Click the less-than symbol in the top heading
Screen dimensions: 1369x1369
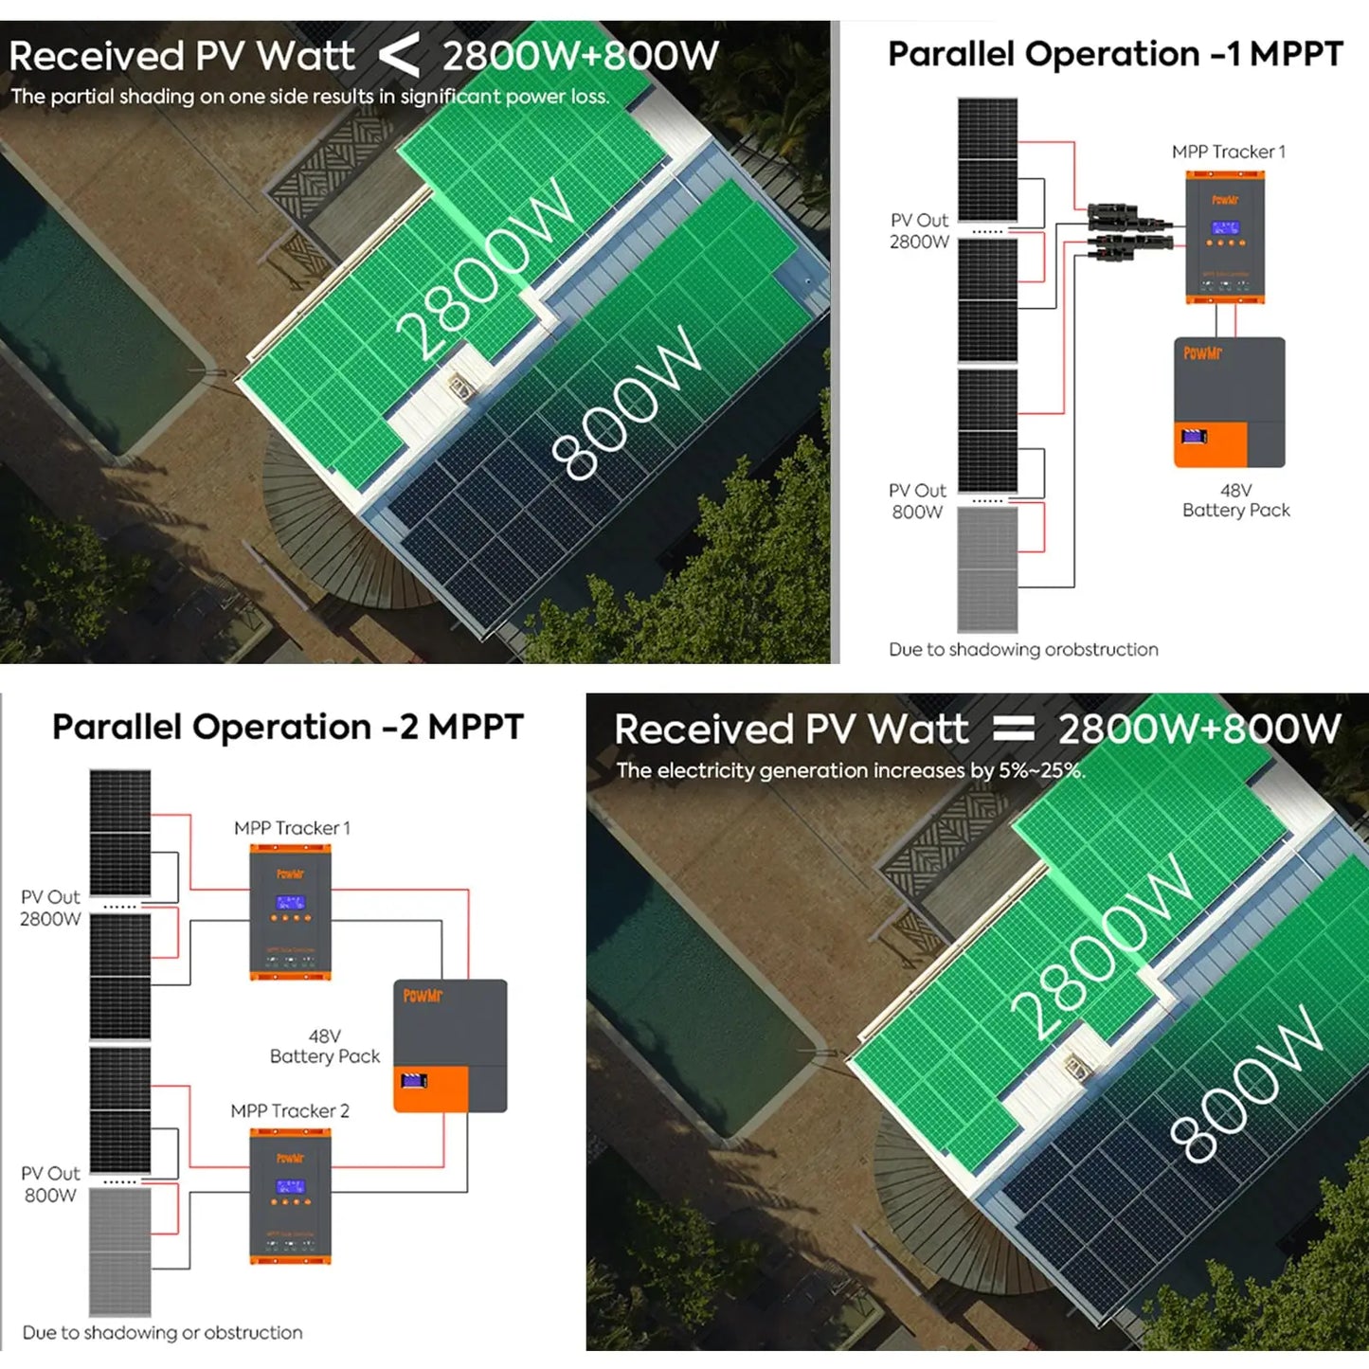click(399, 56)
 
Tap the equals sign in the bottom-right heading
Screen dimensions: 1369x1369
click(1014, 729)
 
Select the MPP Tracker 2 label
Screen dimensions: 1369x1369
click(290, 1110)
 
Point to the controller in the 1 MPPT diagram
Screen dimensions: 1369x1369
click(1224, 237)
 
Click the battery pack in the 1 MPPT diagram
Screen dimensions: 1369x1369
click(1229, 402)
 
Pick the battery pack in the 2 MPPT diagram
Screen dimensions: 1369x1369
click(450, 1045)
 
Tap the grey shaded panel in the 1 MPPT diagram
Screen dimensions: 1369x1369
click(987, 568)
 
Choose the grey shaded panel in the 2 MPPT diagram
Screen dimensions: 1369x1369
click(120, 1251)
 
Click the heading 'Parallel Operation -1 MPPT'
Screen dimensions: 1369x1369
click(1115, 54)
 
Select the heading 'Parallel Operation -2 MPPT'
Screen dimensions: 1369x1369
click(287, 727)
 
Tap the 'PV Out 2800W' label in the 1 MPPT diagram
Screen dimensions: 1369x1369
click(919, 231)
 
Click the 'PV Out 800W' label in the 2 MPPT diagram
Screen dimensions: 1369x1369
click(51, 1184)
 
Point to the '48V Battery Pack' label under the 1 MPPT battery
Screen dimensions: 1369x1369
click(1235, 500)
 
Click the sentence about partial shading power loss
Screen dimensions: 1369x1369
click(310, 97)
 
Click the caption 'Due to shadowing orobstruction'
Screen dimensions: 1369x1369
click(1023, 650)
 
